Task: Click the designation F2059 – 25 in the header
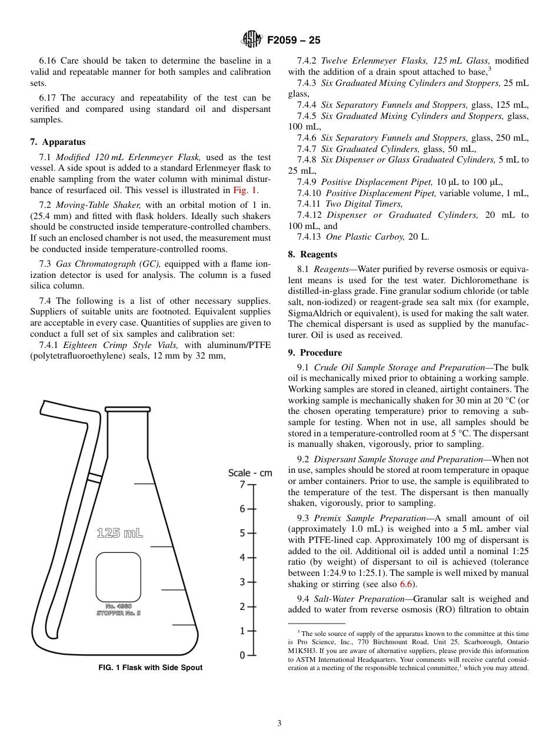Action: click(294, 41)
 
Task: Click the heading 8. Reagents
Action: click(312, 254)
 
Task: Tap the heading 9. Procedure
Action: click(315, 353)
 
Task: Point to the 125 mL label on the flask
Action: click(119, 533)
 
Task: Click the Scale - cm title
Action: click(250, 473)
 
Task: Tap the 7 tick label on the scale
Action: click(242, 485)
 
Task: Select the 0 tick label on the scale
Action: click(242, 655)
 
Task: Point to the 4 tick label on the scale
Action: click(242, 558)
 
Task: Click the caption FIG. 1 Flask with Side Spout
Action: click(150, 667)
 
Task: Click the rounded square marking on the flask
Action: click(118, 577)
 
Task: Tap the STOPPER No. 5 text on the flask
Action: click(118, 613)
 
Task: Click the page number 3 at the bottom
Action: click(279, 723)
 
